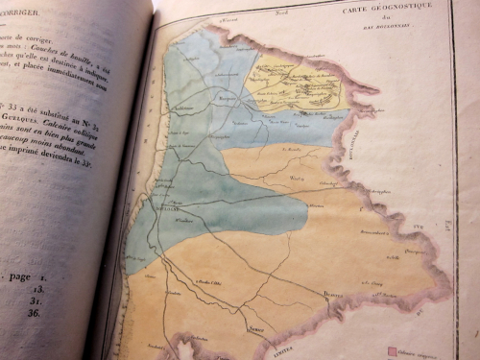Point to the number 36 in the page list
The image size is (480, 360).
pyautogui.click(x=38, y=312)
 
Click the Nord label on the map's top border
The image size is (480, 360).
pyautogui.click(x=305, y=12)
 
